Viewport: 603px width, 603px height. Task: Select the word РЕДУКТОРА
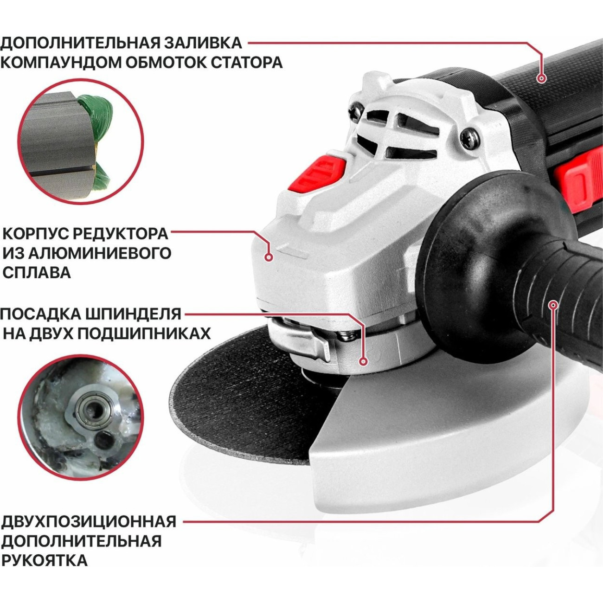click(123, 234)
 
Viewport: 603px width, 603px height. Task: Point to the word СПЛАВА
click(37, 273)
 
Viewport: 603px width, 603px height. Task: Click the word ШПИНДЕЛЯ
click(133, 314)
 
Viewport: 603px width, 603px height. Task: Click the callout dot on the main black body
click(542, 78)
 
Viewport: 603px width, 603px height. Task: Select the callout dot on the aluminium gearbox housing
click(269, 257)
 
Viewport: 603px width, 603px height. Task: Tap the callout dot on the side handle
click(553, 305)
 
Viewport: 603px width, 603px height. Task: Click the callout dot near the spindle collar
click(363, 362)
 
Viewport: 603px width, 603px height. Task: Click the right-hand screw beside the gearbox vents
click(470, 138)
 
